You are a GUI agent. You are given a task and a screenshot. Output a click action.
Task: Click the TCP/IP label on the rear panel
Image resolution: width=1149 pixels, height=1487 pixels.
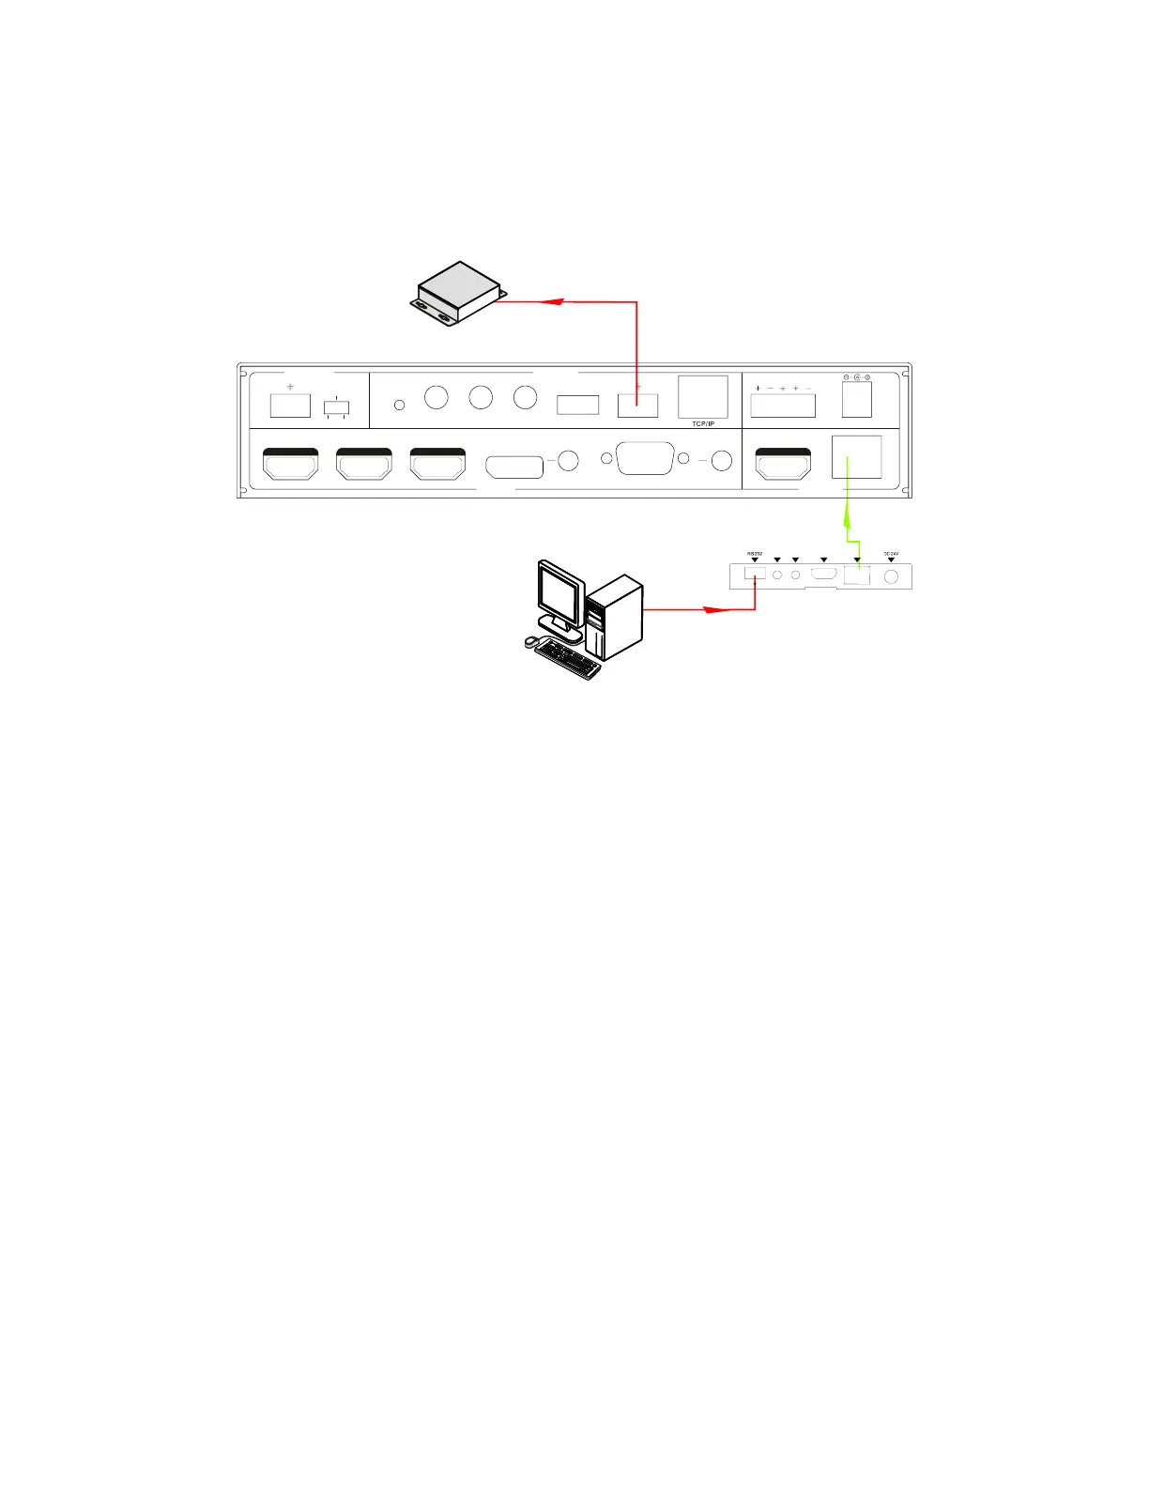tap(702, 424)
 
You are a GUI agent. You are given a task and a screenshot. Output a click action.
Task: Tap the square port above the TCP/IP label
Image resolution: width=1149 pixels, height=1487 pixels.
tap(702, 396)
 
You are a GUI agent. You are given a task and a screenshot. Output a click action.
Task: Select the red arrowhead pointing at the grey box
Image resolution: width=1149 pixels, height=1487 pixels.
tap(553, 302)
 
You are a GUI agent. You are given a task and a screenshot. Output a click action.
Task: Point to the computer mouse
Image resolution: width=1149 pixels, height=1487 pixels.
tap(530, 641)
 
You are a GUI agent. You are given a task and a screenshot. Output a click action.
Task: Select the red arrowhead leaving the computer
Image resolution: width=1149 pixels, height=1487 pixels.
tap(717, 609)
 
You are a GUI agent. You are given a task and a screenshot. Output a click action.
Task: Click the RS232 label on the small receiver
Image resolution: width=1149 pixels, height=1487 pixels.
tap(754, 553)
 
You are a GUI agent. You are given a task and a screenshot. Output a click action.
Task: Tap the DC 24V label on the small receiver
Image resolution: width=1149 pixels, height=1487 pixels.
tap(891, 553)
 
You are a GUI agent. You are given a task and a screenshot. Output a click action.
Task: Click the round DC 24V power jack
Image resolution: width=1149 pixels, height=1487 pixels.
tap(891, 575)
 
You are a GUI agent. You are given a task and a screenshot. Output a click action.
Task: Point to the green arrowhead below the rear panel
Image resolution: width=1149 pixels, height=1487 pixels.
tap(848, 515)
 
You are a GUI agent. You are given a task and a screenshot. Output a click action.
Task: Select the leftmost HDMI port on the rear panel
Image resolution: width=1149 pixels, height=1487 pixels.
tap(290, 464)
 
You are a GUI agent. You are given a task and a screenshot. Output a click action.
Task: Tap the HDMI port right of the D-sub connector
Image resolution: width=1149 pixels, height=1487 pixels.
tap(783, 464)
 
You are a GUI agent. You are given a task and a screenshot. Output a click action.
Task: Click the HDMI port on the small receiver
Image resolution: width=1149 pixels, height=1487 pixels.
tap(824, 575)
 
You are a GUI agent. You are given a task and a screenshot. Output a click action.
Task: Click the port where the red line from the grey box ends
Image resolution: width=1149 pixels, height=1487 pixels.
tap(637, 406)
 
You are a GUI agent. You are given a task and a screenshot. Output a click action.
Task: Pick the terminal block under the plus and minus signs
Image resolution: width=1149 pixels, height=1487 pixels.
tap(783, 406)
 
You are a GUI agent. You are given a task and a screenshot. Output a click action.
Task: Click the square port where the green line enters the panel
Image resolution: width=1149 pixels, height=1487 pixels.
tap(856, 457)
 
